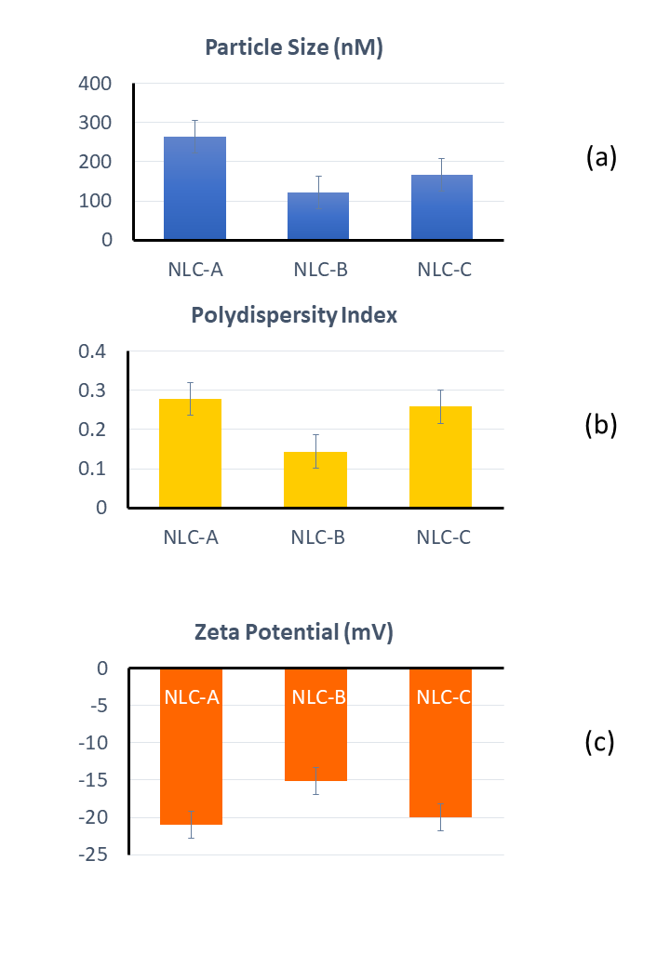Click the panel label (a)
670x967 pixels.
click(601, 157)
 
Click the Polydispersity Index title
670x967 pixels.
click(294, 315)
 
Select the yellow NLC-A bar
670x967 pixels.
click(191, 454)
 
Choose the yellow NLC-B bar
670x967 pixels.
click(315, 480)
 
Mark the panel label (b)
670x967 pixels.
click(599, 425)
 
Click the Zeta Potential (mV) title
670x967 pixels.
click(294, 634)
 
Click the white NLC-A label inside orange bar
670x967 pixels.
click(192, 697)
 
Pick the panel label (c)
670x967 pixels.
click(599, 742)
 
